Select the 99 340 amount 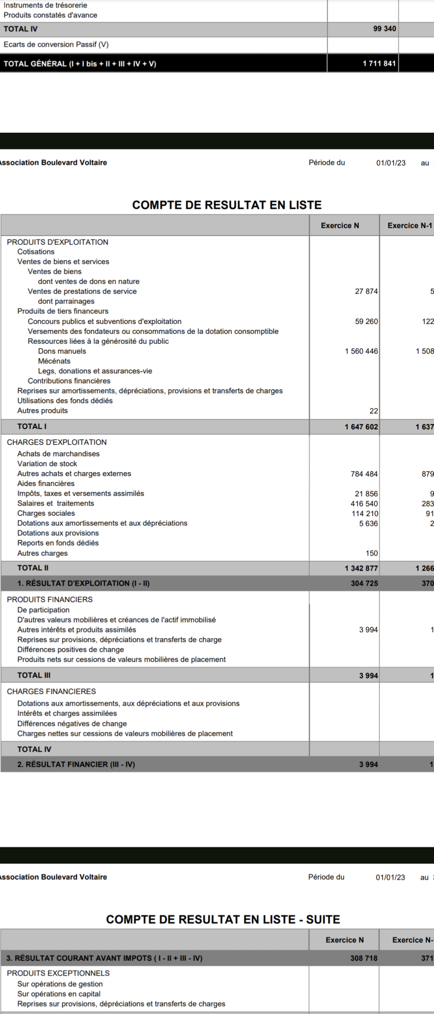[x=384, y=29]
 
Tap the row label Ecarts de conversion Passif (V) [x=56, y=44]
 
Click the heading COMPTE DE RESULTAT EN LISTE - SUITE [x=223, y=919]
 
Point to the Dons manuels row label [x=62, y=351]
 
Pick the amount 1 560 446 [x=361, y=351]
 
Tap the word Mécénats [x=54, y=361]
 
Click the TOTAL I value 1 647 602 [x=361, y=427]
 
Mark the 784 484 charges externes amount [x=364, y=474]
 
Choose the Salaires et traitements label [x=55, y=504]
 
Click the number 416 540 [x=364, y=504]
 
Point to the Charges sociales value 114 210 [x=364, y=514]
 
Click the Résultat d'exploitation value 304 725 [x=364, y=583]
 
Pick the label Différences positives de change [x=70, y=650]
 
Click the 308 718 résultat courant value [x=364, y=958]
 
